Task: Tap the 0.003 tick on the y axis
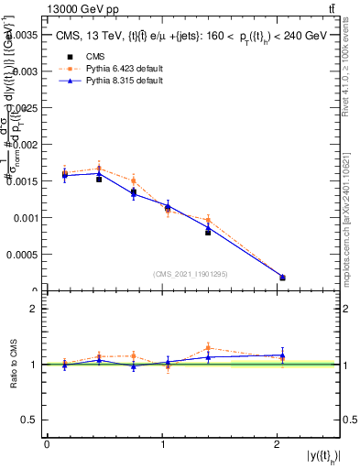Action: point(26,71)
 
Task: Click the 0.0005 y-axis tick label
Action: point(23,255)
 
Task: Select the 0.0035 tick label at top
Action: point(23,34)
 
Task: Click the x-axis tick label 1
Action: point(163,444)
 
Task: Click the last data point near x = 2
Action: point(282,277)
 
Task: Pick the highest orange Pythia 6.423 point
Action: point(99,169)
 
